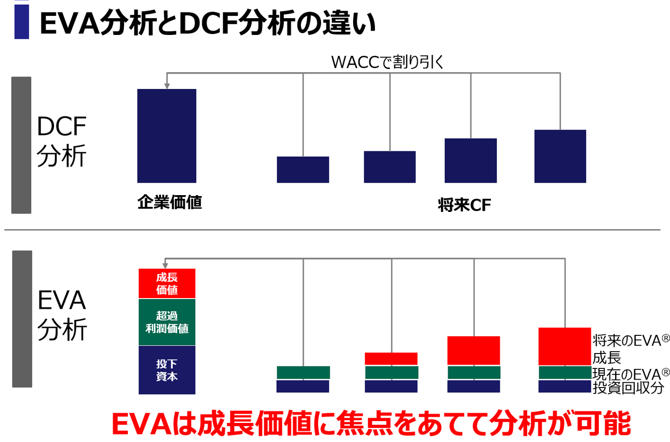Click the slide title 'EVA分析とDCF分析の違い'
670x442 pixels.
tap(208, 23)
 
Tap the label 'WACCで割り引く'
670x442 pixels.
tap(387, 62)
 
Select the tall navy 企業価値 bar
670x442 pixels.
tap(167, 136)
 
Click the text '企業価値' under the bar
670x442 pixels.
tap(170, 202)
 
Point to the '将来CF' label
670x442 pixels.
tap(464, 205)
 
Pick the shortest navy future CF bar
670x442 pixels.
tap(303, 170)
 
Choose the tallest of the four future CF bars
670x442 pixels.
tap(560, 156)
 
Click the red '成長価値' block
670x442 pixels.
tap(167, 283)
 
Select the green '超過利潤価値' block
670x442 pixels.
tap(167, 322)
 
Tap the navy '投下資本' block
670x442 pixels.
tap(167, 370)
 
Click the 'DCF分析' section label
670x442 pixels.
tap(61, 141)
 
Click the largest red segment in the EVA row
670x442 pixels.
tap(564, 347)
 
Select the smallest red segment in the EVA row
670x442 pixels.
tap(391, 359)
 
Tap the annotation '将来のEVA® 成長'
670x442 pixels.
tap(630, 349)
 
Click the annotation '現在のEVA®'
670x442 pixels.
tap(630, 374)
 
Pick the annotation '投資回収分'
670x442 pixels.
tap(628, 388)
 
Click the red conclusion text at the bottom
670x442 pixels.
tap(371, 423)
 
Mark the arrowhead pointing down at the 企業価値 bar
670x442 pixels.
tap(167, 86)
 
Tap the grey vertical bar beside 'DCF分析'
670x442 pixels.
tap(21, 145)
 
